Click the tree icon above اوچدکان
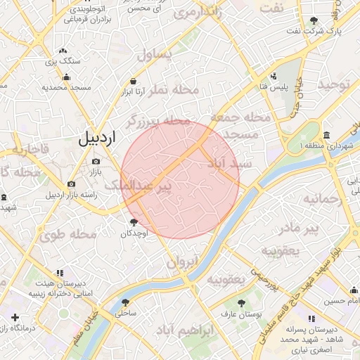point(133,222)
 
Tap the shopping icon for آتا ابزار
point(134,81)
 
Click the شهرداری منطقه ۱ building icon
point(327,135)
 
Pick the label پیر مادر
point(299,229)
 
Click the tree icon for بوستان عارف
point(242,304)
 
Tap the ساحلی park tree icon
point(125,303)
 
